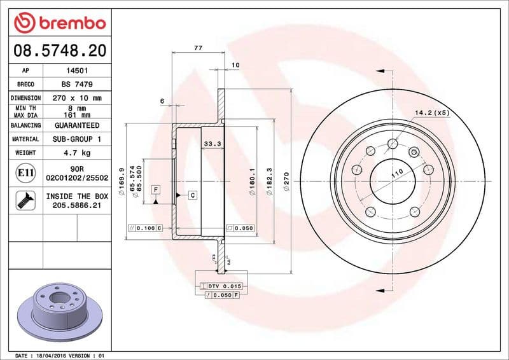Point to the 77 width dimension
(x=198, y=48)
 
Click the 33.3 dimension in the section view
(x=212, y=144)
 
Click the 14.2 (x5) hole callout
(x=432, y=113)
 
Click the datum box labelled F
(x=155, y=190)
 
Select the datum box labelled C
(x=192, y=195)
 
